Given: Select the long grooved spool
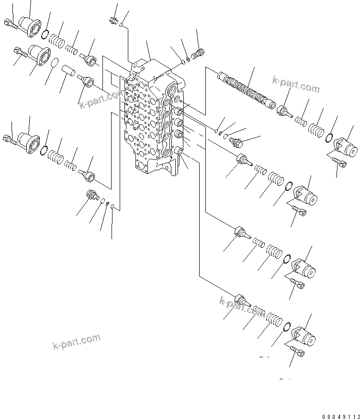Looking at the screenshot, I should click(x=244, y=89).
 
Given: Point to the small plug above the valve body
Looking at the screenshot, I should click(x=113, y=20).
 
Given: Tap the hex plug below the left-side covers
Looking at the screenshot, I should click(x=90, y=195).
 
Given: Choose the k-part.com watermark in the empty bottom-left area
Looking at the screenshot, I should click(x=77, y=341).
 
